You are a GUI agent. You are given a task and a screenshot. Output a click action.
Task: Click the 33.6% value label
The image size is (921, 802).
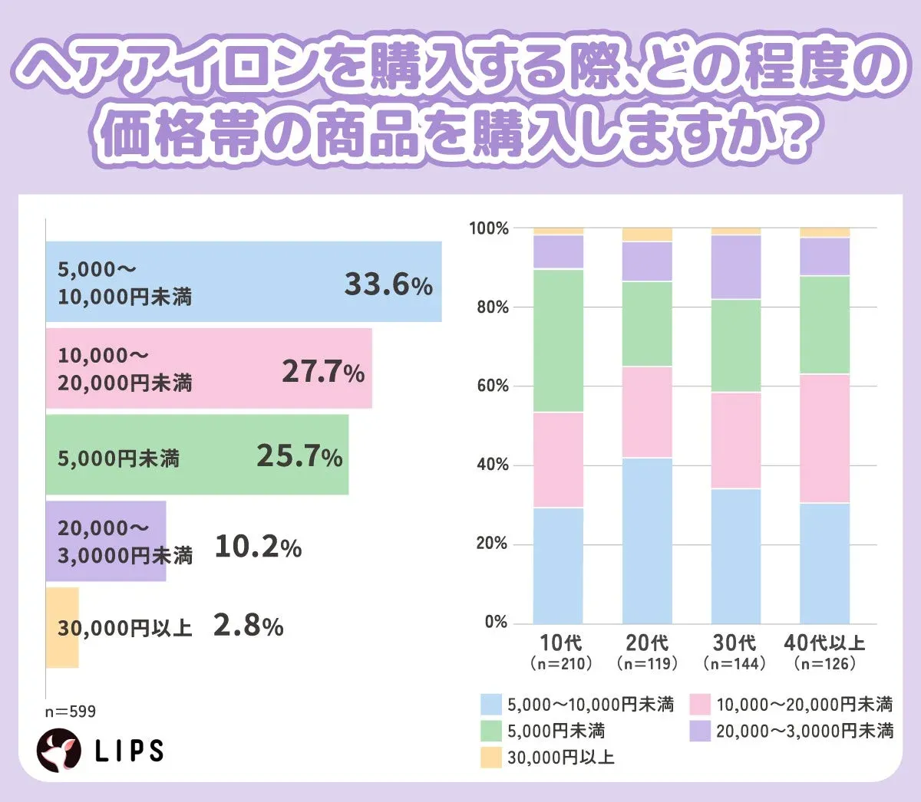(388, 284)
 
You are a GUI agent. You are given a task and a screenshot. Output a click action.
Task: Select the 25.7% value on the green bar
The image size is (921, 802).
(299, 456)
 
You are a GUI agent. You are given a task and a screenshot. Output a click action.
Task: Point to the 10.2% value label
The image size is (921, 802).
(258, 547)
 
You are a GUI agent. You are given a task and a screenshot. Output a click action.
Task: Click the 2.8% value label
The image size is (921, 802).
(249, 626)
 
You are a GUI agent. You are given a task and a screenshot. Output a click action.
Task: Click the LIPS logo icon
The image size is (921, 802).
(59, 751)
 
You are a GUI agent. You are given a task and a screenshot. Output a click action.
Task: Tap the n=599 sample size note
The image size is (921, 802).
(71, 712)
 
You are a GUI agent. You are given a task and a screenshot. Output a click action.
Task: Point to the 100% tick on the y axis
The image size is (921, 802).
(489, 228)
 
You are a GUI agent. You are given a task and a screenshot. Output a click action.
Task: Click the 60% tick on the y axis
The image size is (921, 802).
(492, 386)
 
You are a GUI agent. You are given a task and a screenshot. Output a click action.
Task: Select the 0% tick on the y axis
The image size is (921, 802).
(496, 623)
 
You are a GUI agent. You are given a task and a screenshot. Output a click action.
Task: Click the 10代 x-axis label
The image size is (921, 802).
(560, 643)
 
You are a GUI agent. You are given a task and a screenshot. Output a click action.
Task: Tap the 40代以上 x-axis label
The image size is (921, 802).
(824, 643)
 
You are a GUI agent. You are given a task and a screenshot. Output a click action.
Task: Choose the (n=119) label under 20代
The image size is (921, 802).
(647, 663)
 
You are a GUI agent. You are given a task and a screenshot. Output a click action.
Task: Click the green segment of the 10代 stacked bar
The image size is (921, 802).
(558, 340)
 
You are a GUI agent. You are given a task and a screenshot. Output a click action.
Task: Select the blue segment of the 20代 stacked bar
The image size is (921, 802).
(647, 541)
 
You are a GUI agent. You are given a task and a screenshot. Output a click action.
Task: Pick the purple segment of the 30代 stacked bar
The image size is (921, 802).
(736, 267)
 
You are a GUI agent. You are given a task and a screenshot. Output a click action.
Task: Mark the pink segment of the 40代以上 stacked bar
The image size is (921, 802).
(824, 439)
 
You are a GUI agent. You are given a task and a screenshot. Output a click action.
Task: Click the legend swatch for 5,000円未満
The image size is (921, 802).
(491, 731)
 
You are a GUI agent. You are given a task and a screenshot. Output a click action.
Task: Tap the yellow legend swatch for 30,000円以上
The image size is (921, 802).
(491, 758)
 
